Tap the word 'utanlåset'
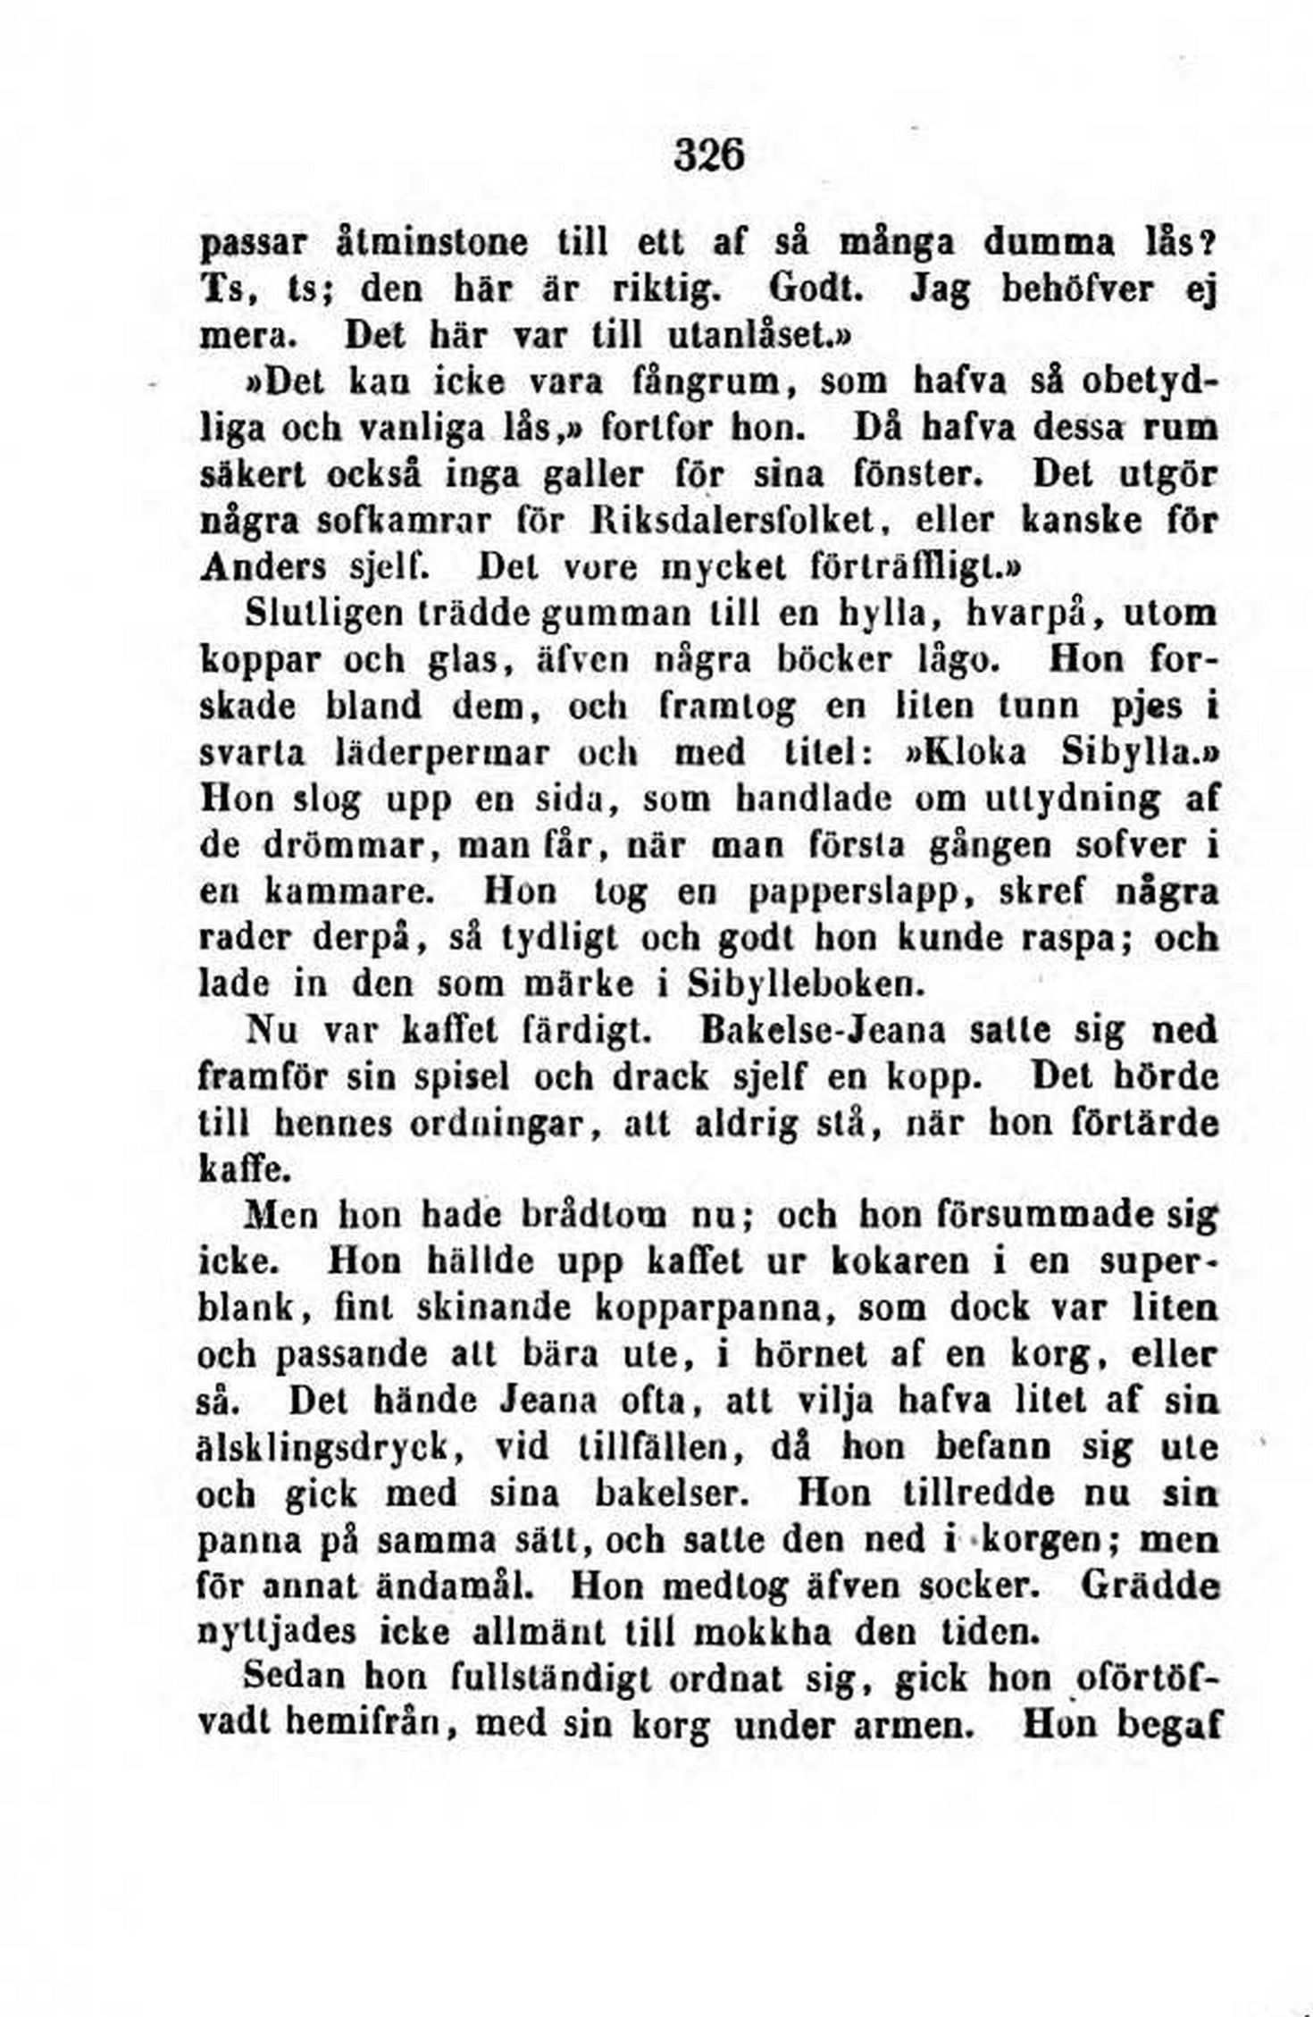tap(719, 335)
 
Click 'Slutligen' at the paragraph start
tap(324, 614)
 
